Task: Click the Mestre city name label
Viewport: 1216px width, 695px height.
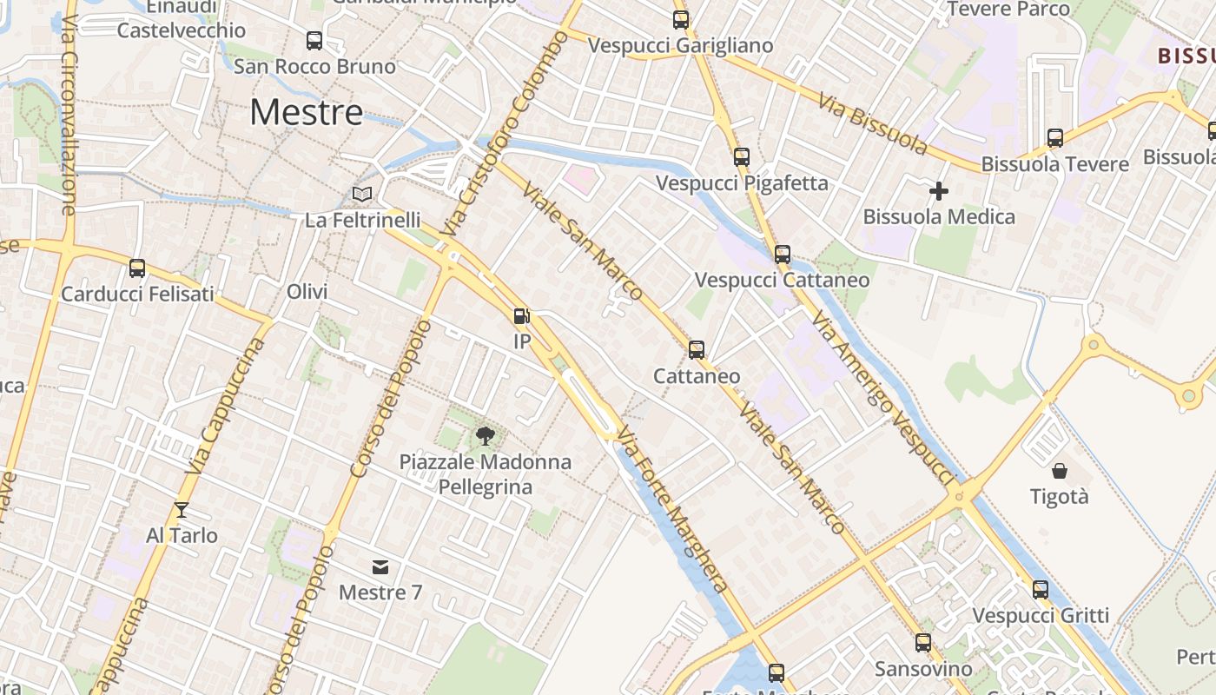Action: click(307, 113)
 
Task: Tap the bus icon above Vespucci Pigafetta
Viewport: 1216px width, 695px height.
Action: click(741, 157)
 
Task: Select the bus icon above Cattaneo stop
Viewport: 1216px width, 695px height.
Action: click(697, 349)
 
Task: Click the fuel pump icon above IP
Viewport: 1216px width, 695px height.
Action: click(521, 316)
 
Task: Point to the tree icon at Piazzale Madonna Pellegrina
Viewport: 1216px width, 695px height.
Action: click(485, 435)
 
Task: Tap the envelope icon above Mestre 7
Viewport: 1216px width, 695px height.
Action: click(380, 567)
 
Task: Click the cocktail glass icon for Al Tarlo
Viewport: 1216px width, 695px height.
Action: click(181, 509)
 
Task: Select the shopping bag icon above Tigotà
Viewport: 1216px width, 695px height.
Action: click(1060, 471)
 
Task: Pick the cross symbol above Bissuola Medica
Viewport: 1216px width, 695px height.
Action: click(939, 190)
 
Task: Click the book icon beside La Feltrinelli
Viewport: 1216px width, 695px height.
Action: click(362, 194)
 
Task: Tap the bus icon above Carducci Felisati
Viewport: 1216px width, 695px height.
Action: click(137, 268)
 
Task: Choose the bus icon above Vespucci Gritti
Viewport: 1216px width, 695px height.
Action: click(1041, 590)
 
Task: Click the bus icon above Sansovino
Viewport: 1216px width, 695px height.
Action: click(923, 643)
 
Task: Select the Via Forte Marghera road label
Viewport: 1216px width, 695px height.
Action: click(674, 513)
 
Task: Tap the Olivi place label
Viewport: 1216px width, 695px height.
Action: click(307, 291)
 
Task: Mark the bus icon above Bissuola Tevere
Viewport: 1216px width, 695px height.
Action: click(1055, 137)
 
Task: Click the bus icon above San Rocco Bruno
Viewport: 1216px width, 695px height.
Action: click(314, 40)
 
